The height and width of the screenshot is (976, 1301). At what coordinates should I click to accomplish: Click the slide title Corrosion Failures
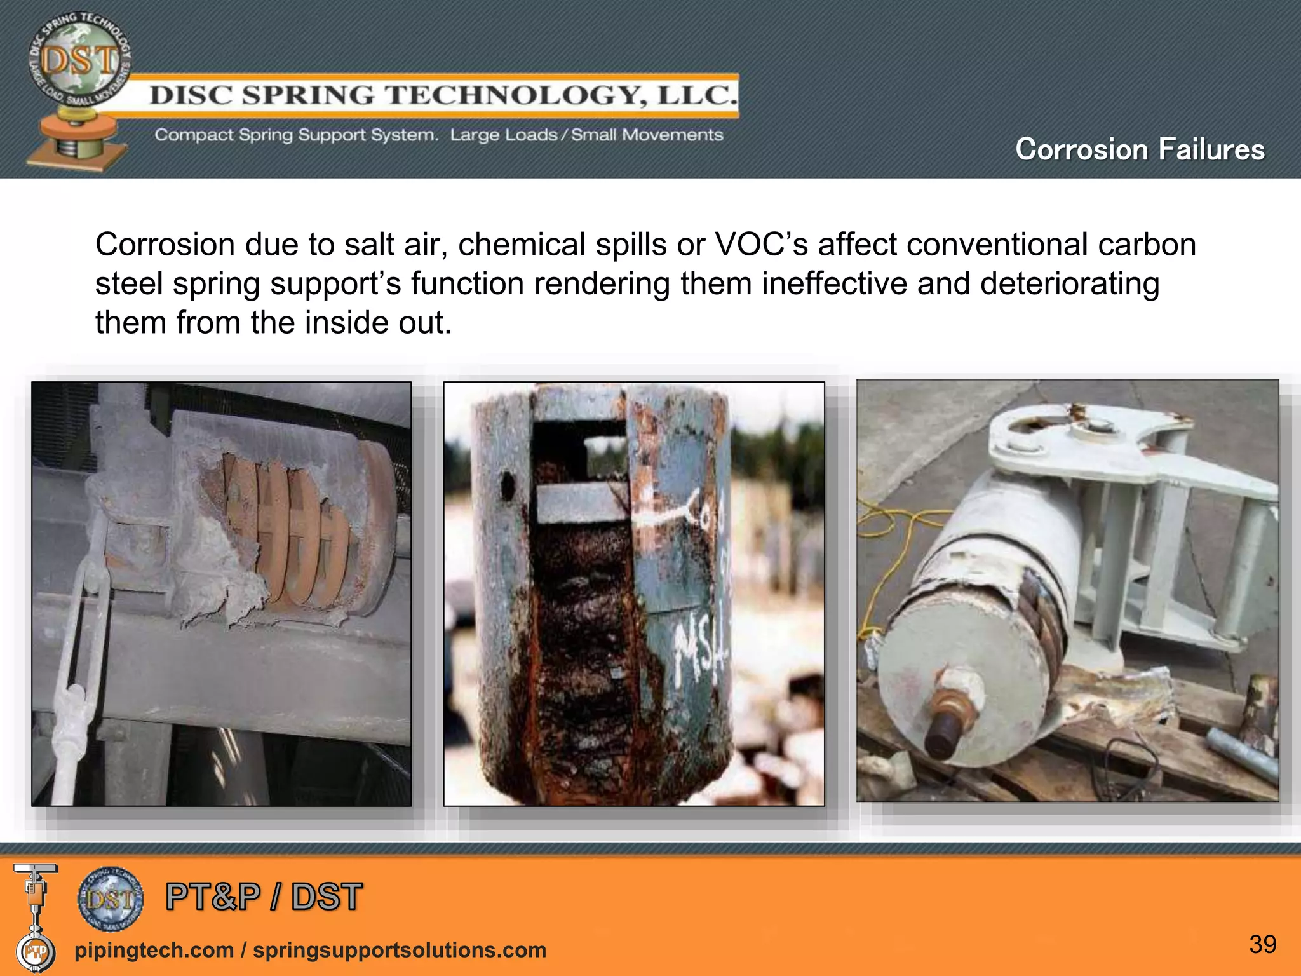[1140, 150]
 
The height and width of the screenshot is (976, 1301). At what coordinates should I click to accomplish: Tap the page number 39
[1262, 944]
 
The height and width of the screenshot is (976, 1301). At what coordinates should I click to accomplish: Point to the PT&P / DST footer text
[264, 897]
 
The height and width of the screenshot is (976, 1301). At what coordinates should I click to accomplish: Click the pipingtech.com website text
[154, 950]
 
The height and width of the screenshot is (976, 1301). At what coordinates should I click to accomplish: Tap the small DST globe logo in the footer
[111, 898]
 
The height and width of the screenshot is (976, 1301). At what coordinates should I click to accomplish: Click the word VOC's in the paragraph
[761, 245]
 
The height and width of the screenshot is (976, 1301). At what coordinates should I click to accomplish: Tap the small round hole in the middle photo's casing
[507, 486]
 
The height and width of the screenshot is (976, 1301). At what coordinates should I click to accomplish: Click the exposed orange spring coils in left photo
[286, 534]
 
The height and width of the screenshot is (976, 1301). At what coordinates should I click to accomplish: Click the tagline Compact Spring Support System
[296, 135]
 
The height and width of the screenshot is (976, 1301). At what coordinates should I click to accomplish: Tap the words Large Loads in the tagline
[503, 135]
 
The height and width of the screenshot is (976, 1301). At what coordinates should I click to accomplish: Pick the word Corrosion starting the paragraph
[165, 245]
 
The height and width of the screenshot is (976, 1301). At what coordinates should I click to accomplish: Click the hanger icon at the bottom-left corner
[35, 915]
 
